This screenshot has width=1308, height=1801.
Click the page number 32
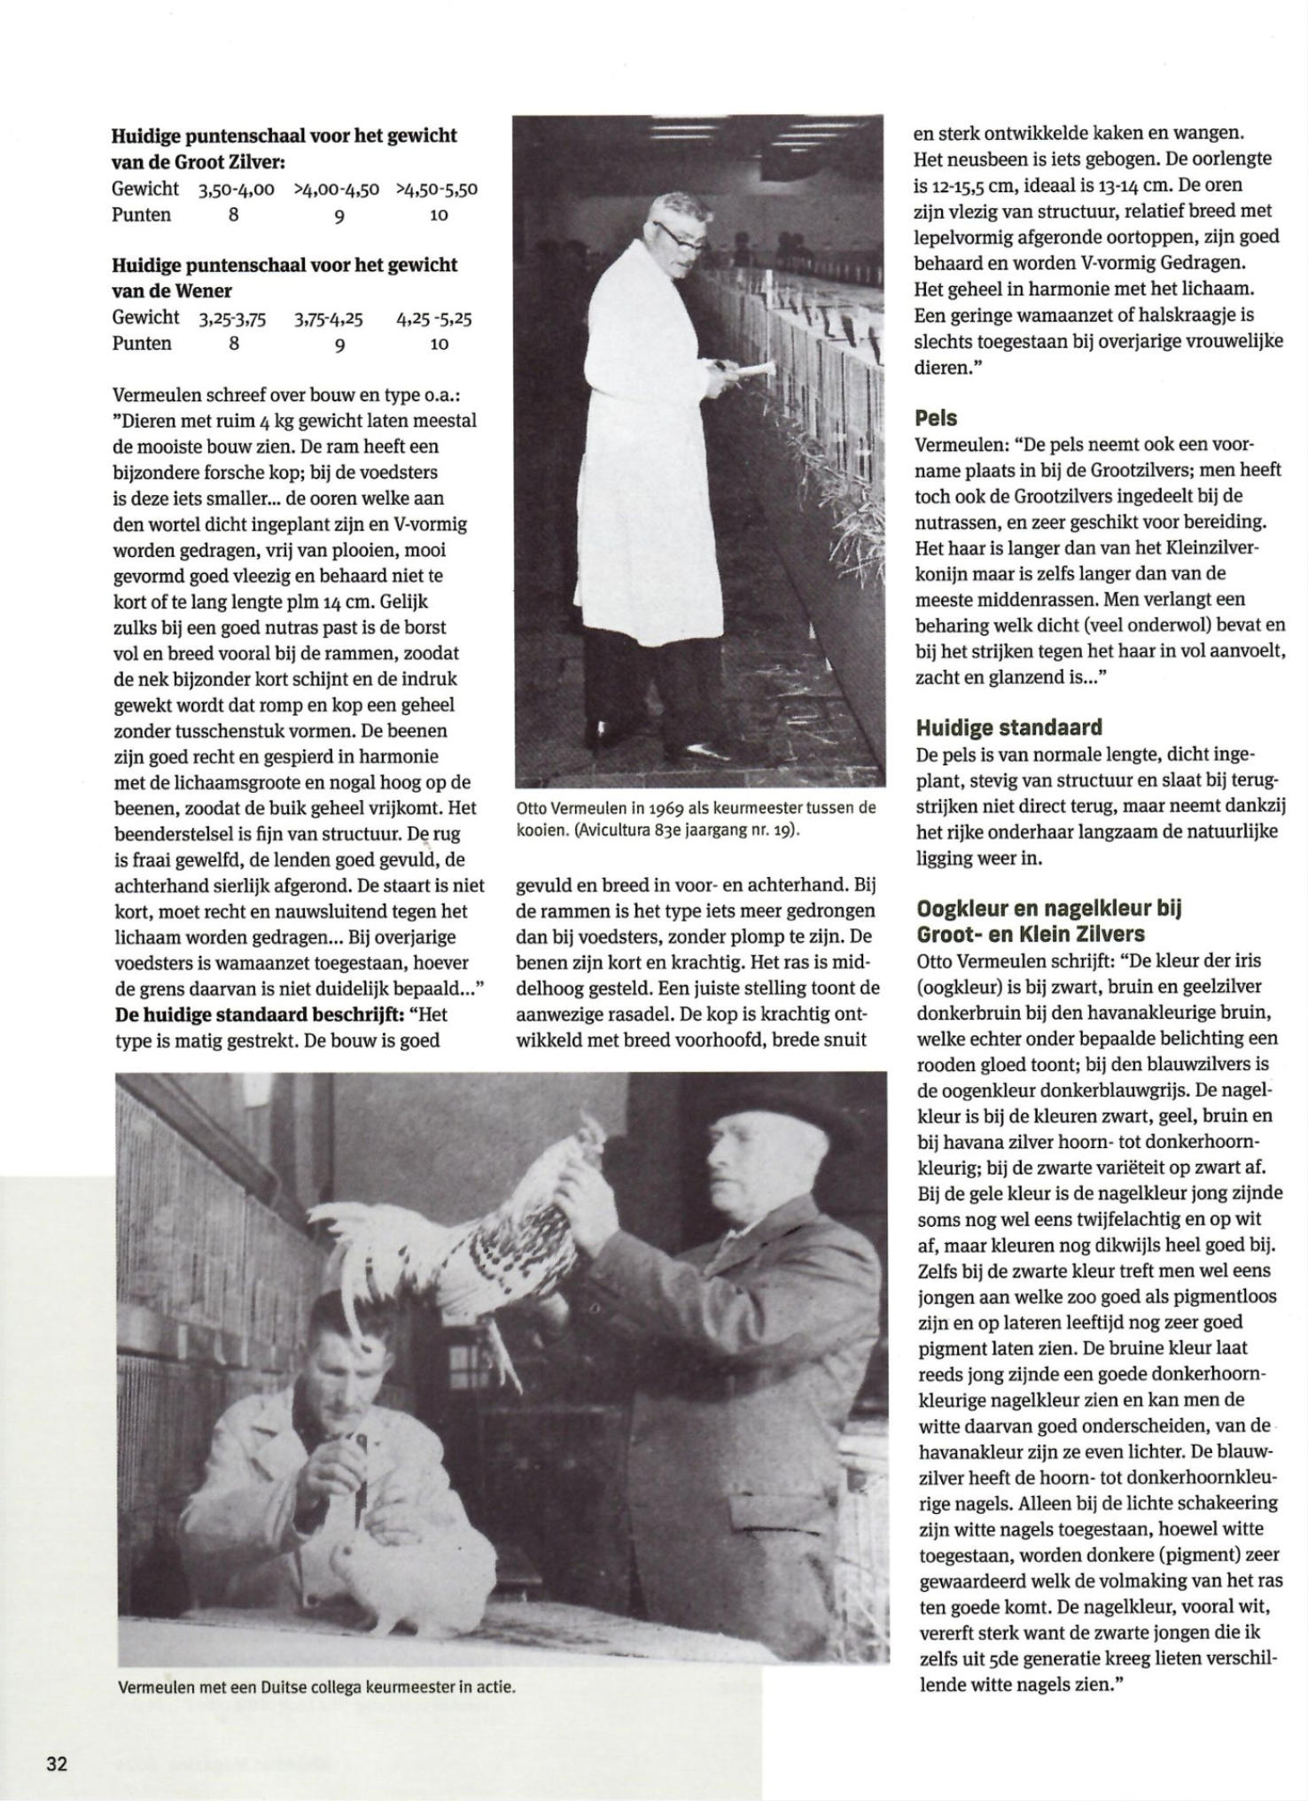click(56, 1762)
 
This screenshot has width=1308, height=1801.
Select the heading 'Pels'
click(936, 417)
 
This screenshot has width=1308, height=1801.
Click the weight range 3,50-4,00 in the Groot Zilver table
click(237, 189)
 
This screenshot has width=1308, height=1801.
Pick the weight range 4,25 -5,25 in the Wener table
click(433, 318)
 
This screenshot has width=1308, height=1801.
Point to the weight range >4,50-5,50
click(437, 189)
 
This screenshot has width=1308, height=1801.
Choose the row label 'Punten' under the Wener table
click(142, 344)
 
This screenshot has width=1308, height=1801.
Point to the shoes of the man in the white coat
click(700, 749)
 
